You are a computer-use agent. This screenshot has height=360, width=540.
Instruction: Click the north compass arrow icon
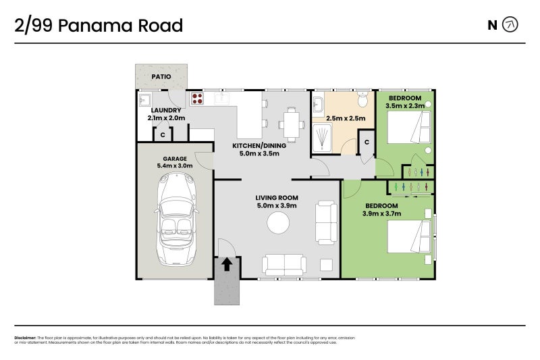(x=511, y=26)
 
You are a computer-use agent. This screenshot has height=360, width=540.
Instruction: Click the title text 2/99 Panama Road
(x=99, y=26)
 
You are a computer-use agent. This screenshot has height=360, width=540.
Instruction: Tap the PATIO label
(x=161, y=77)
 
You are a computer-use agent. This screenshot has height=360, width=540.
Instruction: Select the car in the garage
(x=175, y=219)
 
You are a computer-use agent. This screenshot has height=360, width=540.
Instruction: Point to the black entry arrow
(x=227, y=264)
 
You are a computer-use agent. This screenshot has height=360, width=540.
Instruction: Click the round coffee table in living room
(x=277, y=222)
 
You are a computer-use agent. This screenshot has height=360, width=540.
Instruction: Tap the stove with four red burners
(x=197, y=99)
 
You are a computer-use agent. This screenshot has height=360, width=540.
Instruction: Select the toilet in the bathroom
(x=362, y=101)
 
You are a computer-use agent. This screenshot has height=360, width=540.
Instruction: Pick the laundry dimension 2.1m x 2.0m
(x=166, y=118)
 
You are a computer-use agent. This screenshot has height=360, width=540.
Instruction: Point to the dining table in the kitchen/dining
(x=292, y=123)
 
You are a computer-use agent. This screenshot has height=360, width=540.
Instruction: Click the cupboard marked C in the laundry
(x=163, y=135)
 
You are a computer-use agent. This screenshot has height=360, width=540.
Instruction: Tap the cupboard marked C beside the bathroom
(x=366, y=143)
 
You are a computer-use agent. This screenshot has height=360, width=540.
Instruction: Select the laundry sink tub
(x=145, y=101)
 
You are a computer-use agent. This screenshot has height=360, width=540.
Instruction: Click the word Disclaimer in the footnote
(x=25, y=338)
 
